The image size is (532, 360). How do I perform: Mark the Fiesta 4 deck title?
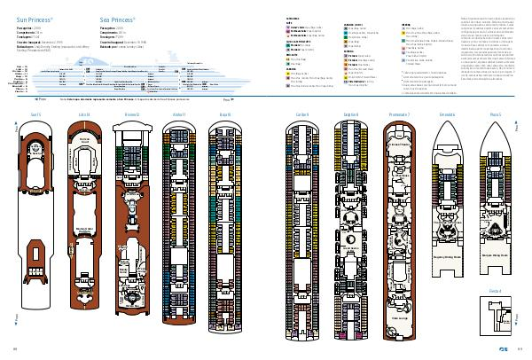pos(494,289)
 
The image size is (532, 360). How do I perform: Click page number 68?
pos(15,348)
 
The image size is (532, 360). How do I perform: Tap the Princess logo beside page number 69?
pos(505,348)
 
